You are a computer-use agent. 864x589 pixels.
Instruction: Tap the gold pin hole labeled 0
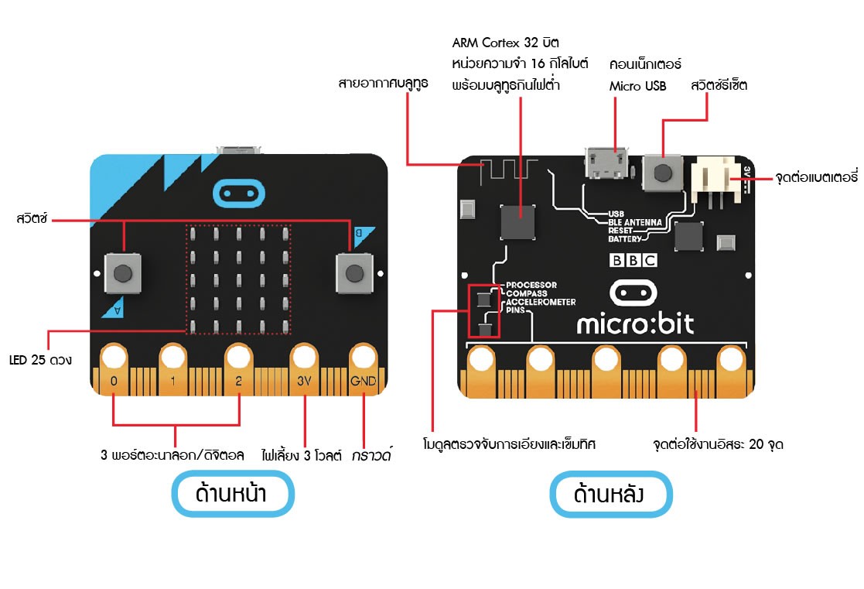pyautogui.click(x=114, y=357)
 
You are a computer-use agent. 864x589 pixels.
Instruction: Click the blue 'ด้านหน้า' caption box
pyautogui.click(x=232, y=494)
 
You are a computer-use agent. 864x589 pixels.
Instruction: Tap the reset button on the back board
pyautogui.click(x=662, y=170)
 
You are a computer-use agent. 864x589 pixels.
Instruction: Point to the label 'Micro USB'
pyautogui.click(x=637, y=86)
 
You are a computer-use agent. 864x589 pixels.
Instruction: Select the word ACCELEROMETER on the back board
pyautogui.click(x=540, y=302)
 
